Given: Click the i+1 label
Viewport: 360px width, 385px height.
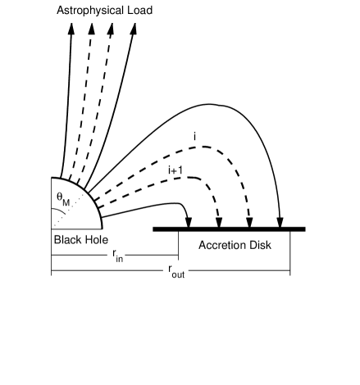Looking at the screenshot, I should pyautogui.click(x=175, y=170).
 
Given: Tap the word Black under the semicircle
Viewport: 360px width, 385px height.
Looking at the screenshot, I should pyautogui.click(x=68, y=241).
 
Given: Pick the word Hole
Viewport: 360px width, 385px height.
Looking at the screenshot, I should pyautogui.click(x=95, y=241).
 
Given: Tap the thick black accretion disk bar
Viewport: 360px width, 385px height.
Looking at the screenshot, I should pyautogui.click(x=230, y=229).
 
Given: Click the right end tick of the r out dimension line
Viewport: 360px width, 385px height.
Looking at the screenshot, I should pyautogui.click(x=289, y=271).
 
